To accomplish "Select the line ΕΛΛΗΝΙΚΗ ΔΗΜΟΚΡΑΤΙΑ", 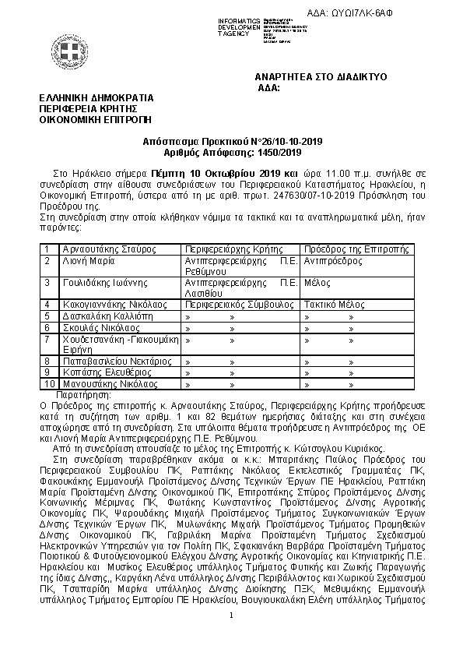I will (x=97, y=98).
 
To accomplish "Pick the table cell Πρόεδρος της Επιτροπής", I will (x=356, y=249).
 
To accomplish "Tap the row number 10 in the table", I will (x=49, y=383).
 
